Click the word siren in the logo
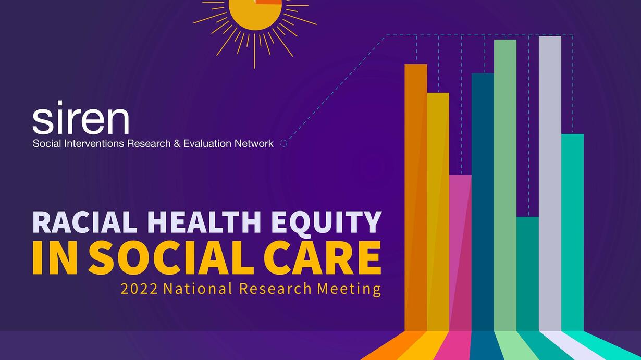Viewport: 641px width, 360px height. click(81, 117)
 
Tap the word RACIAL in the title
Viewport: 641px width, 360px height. click(85, 222)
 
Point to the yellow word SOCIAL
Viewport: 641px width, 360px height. click(171, 258)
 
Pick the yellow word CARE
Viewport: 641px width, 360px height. click(323, 258)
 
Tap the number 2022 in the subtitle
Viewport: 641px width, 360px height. click(139, 289)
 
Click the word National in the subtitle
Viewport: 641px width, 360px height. click(198, 289)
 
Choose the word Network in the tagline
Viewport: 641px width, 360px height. click(254, 143)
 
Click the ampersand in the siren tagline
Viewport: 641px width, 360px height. click(177, 143)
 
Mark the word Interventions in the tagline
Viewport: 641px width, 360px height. click(94, 143)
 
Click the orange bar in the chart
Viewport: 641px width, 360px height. click(416, 197)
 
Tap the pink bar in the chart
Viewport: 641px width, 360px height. click(461, 253)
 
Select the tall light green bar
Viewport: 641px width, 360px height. click(505, 185)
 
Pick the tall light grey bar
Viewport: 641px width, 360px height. click(550, 184)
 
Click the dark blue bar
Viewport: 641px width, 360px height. click(483, 202)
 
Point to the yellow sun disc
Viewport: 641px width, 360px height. click(255, 14)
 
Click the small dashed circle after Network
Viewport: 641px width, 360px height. click(283, 143)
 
